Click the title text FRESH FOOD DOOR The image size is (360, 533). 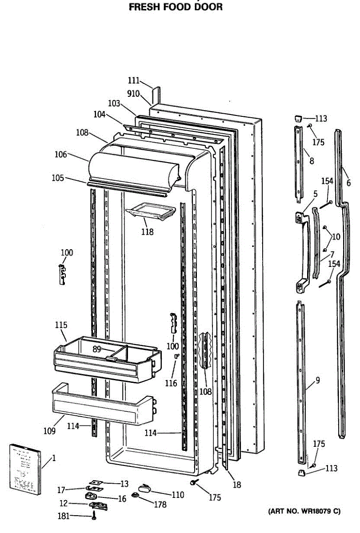click(x=176, y=7)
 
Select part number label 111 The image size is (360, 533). click(x=133, y=80)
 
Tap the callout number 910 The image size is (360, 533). click(x=133, y=94)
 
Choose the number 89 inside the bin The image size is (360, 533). click(x=97, y=349)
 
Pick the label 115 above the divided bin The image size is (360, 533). click(x=61, y=325)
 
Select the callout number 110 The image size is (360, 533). click(x=178, y=494)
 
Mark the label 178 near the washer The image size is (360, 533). click(x=160, y=505)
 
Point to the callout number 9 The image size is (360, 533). click(x=318, y=380)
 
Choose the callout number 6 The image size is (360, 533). click(x=348, y=182)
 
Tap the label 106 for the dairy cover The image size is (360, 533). click(x=61, y=155)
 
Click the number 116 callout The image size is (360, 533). click(x=171, y=383)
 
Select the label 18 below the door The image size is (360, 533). click(x=237, y=485)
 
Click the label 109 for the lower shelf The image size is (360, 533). click(x=49, y=430)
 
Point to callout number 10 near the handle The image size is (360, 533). click(x=336, y=237)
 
